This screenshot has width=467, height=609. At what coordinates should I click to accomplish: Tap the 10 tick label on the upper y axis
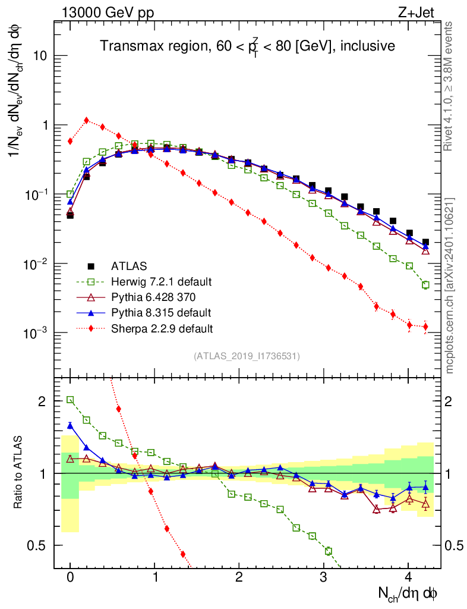pyautogui.click(x=40, y=56)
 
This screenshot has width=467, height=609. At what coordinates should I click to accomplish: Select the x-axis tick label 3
pyautogui.click(x=323, y=577)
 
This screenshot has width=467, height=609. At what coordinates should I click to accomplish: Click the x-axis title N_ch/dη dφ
pyautogui.click(x=408, y=594)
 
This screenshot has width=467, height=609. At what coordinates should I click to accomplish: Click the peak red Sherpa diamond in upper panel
pyautogui.click(x=87, y=120)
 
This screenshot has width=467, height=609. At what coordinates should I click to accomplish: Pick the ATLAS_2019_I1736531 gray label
pyautogui.click(x=247, y=356)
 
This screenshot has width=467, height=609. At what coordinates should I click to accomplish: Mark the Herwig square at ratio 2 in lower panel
pyautogui.click(x=70, y=400)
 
